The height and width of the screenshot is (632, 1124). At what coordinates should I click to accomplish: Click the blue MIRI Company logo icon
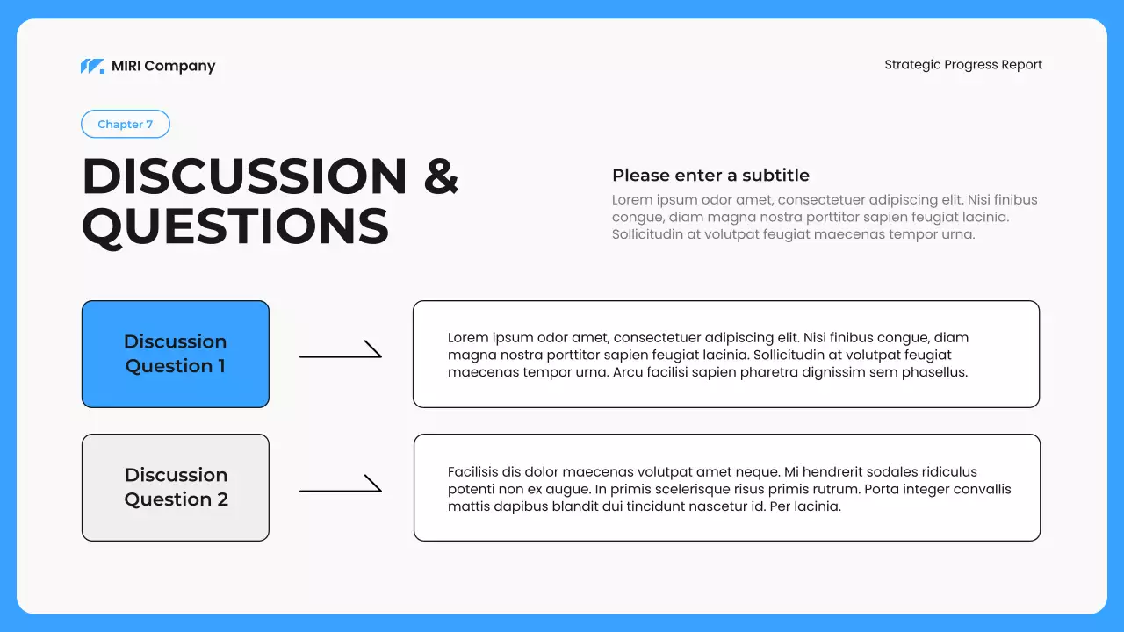coord(92,66)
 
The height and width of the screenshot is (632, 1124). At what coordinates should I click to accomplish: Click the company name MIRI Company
coord(163,66)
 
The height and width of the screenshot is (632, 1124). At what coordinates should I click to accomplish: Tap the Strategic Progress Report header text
coord(963,64)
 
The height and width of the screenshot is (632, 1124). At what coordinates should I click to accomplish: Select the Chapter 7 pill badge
coord(126,125)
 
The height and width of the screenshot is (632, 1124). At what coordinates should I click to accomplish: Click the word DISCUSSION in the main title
coord(245,176)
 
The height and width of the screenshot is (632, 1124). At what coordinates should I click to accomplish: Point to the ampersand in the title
coord(441,176)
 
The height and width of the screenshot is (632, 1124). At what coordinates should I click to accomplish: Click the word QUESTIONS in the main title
coord(235,226)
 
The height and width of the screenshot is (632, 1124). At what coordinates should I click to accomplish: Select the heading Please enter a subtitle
coord(710,175)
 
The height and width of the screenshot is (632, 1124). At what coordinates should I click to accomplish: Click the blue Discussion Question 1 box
coord(176,354)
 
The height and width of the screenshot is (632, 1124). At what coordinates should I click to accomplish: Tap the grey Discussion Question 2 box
coord(176,487)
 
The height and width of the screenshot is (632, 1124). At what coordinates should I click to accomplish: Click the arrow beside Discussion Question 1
coord(341,351)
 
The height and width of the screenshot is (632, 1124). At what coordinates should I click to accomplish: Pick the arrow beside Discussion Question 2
coord(341,485)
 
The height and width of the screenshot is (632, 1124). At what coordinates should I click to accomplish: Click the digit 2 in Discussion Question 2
coord(222,499)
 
